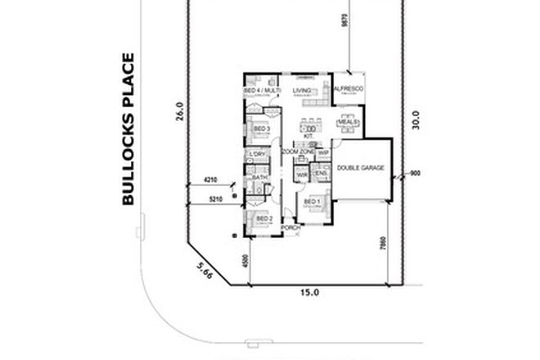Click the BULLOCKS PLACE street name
tap(128, 128)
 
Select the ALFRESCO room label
tap(349, 88)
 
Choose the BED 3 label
tap(262, 129)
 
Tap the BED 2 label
tap(263, 219)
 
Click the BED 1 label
tap(313, 201)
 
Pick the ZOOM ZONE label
tap(299, 153)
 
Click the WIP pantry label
tap(323, 153)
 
